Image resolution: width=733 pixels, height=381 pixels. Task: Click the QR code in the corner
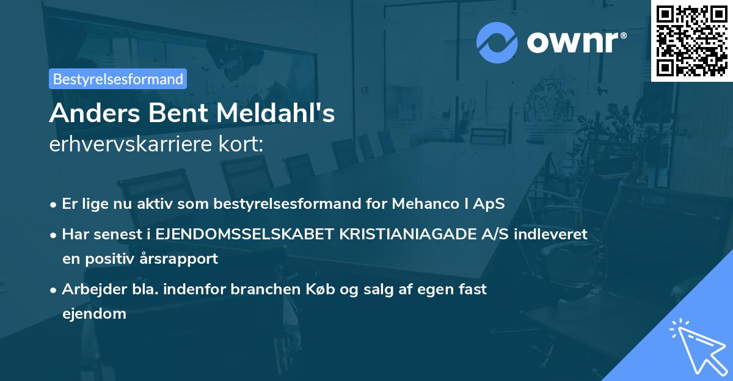(x=691, y=40)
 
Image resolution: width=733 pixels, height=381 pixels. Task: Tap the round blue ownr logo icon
(x=497, y=42)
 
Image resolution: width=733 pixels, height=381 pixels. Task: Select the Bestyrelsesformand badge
(x=118, y=79)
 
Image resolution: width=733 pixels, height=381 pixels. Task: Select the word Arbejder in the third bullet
(x=90, y=289)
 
